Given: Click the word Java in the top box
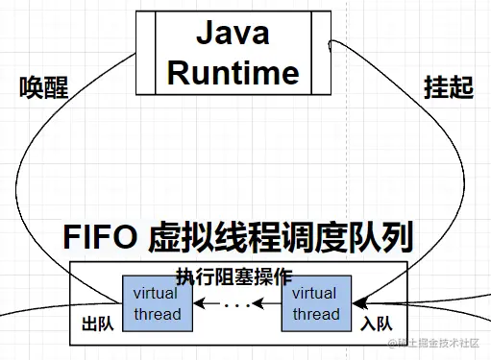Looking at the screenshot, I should (x=233, y=35).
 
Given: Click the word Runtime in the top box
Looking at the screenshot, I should (x=234, y=71).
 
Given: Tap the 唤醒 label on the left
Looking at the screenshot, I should (x=44, y=87).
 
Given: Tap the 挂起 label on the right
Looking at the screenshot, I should (x=449, y=87).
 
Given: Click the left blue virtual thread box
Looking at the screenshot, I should (x=156, y=303).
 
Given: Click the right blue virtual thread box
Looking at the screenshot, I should (x=314, y=303).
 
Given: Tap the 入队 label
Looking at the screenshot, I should (x=375, y=324).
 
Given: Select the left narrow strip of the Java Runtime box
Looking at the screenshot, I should (x=146, y=53).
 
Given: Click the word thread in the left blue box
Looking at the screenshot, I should (x=156, y=314).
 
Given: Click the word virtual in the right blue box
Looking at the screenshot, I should (x=314, y=294).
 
